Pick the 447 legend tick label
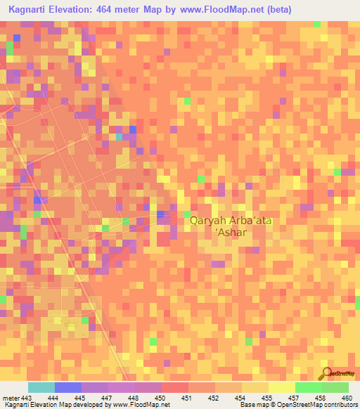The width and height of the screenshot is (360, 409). (x=106, y=398)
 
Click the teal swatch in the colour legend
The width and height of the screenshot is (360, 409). (x=41, y=387)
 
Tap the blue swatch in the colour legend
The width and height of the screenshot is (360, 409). (x=68, y=387)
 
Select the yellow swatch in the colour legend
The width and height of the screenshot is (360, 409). (x=282, y=387)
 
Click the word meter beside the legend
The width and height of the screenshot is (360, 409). (x=12, y=398)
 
